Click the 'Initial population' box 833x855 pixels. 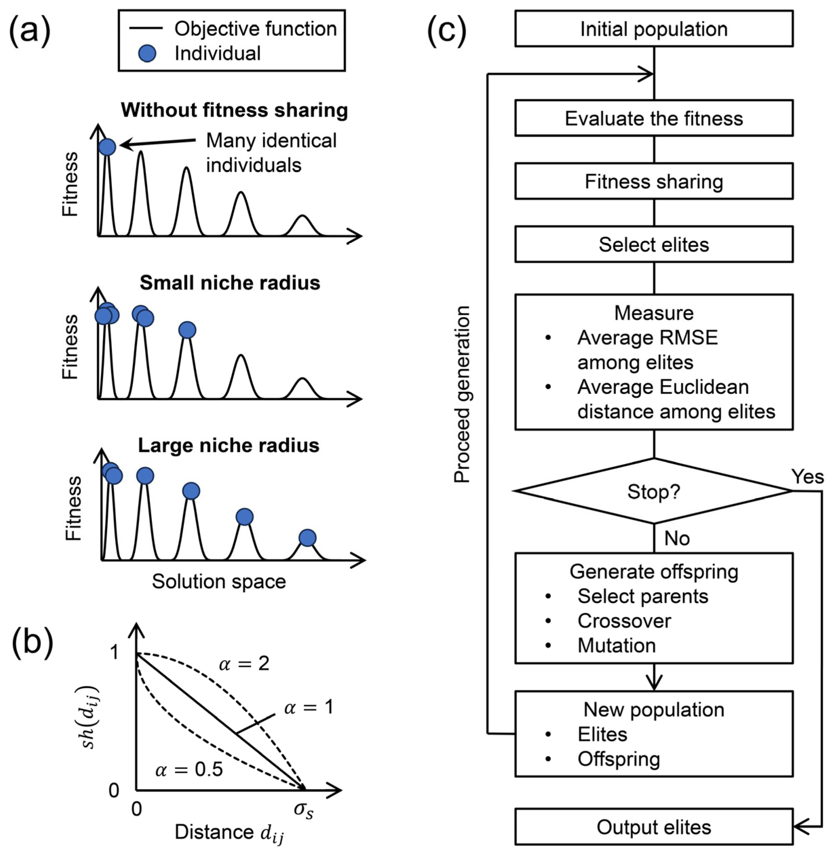point(654,29)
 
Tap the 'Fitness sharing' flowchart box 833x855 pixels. point(654,182)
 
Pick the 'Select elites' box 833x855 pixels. point(654,244)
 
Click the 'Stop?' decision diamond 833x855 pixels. point(654,491)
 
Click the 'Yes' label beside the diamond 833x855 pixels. point(807,477)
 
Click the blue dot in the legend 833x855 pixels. point(147,54)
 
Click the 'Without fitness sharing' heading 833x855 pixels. point(235,110)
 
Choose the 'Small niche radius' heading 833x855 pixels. point(230,283)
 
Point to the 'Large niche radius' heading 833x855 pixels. point(229,445)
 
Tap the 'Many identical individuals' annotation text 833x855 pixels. point(271,153)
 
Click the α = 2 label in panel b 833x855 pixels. point(244,664)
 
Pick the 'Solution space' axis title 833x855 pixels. point(219,581)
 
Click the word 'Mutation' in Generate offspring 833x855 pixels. point(616,645)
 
